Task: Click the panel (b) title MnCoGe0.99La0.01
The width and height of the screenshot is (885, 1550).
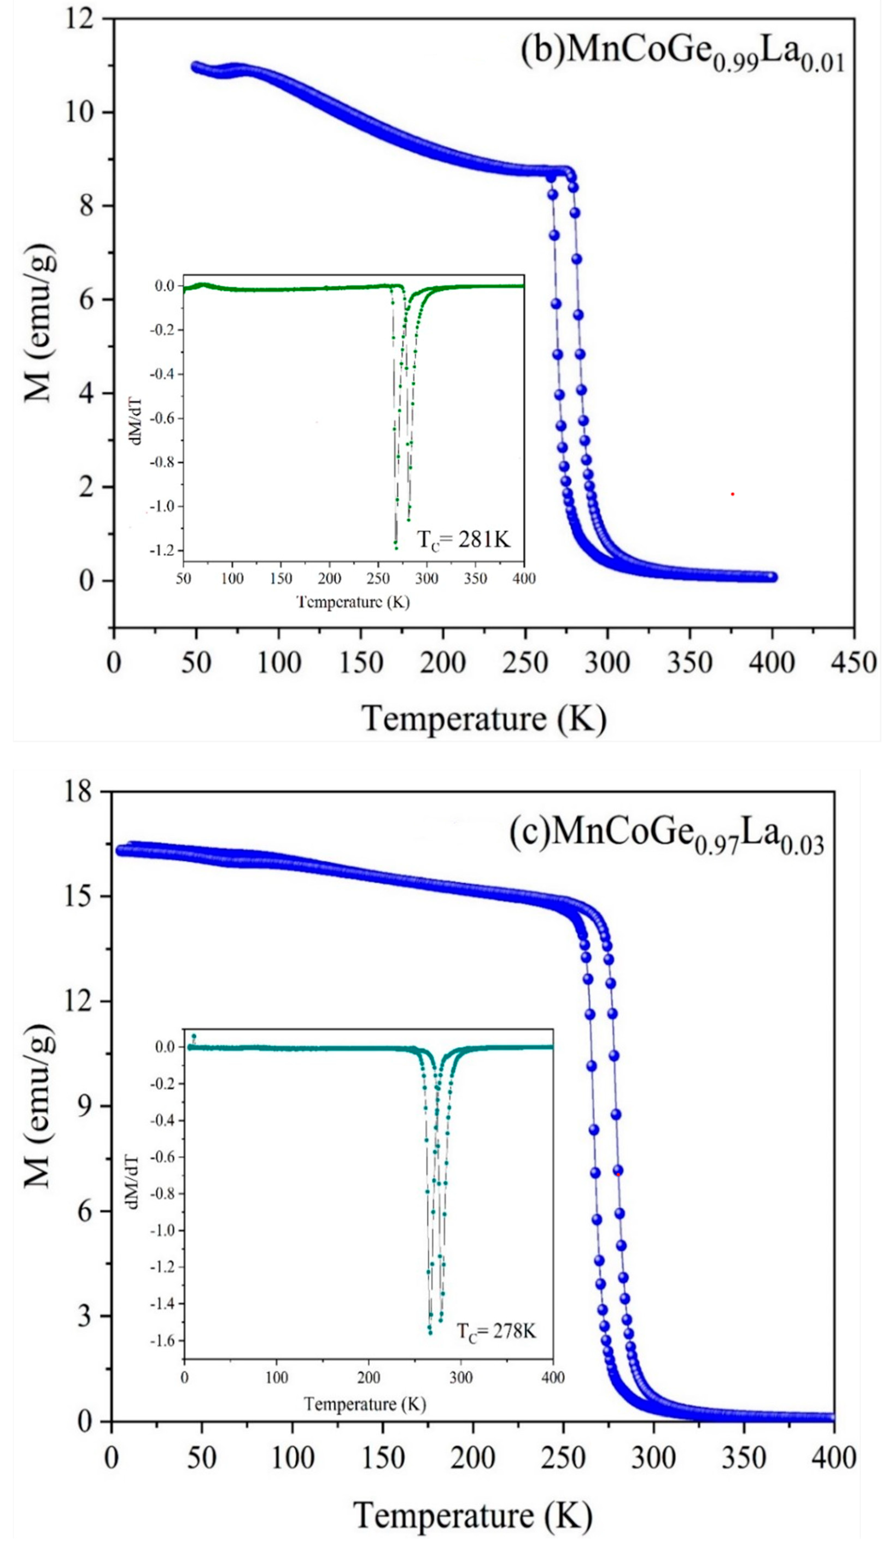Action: [x=682, y=55]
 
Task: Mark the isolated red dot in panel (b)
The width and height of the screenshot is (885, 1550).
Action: [x=732, y=494]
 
